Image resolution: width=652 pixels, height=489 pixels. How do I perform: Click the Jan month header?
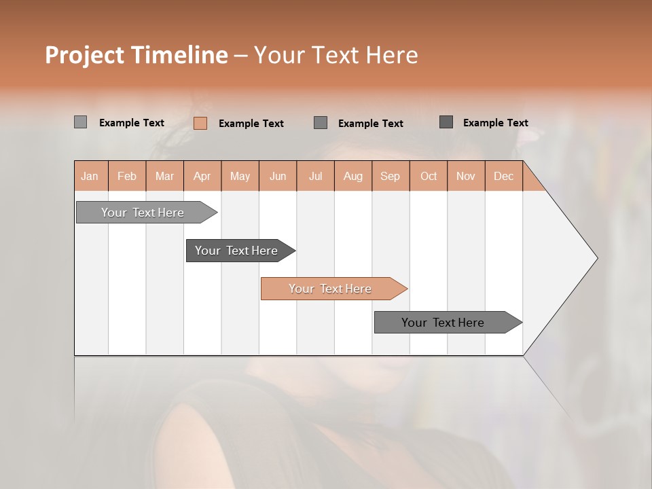(x=90, y=176)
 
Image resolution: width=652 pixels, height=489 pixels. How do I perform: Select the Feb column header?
(x=127, y=176)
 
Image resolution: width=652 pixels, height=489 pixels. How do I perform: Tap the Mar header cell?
(x=164, y=176)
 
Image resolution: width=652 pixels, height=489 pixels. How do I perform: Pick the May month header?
(x=240, y=176)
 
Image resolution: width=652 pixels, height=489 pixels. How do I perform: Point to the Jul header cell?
(x=315, y=176)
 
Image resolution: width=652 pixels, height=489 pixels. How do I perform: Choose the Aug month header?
(x=352, y=176)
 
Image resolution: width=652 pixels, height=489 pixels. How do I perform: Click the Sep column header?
(x=390, y=176)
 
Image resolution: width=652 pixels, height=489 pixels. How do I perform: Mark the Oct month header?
(x=429, y=176)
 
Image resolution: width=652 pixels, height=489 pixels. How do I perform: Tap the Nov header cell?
(x=465, y=176)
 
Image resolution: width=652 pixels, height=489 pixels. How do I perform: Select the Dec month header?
(x=503, y=176)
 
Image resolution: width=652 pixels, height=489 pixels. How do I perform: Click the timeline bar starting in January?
(x=143, y=213)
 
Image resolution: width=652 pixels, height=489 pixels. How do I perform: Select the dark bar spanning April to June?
(x=236, y=251)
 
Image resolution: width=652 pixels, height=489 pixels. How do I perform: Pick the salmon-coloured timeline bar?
(x=330, y=289)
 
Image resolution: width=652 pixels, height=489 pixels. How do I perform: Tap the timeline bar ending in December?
(x=443, y=323)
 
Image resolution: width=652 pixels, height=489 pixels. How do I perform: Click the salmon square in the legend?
(x=200, y=123)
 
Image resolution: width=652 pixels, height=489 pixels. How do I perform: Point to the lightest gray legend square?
(x=80, y=122)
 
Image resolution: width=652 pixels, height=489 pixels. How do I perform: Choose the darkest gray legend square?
(x=446, y=122)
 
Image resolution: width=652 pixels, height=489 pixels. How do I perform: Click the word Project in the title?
(x=84, y=55)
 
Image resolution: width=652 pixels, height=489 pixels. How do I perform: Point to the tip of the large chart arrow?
(x=596, y=258)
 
